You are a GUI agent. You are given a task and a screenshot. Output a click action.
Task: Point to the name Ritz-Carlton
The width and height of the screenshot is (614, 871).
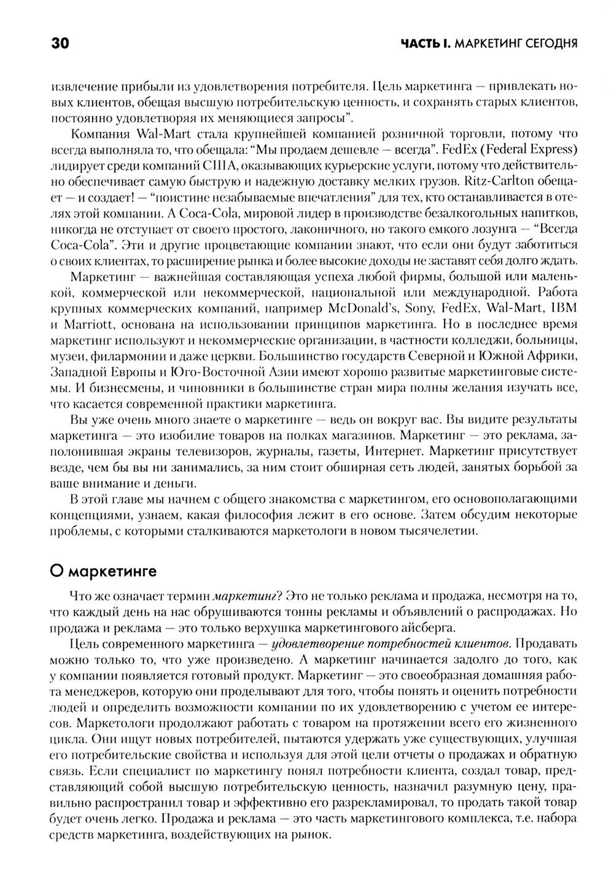click(495, 182)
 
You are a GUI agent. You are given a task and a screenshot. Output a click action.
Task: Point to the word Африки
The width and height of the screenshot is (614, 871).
click(551, 356)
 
